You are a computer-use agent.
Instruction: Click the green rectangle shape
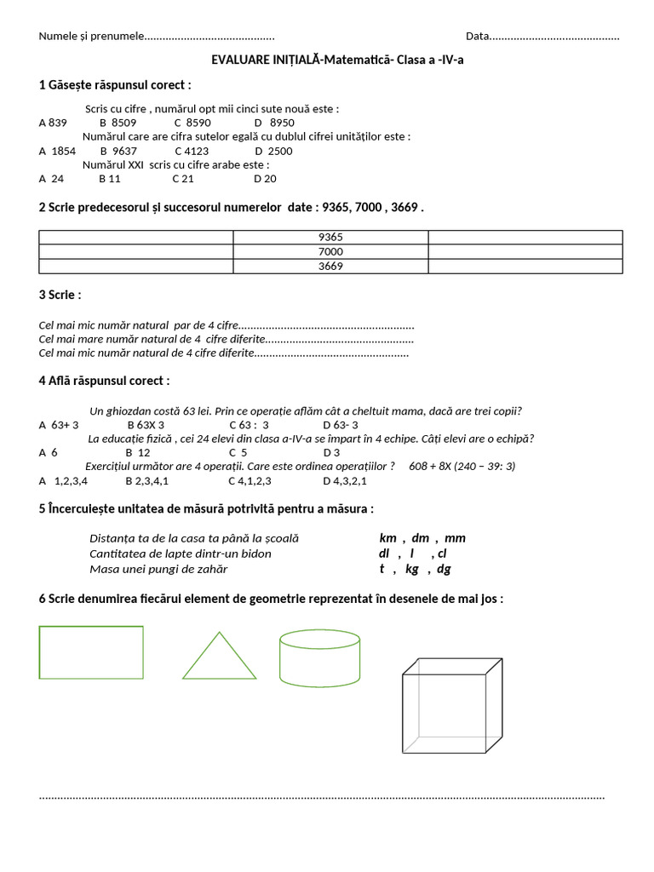click(x=91, y=652)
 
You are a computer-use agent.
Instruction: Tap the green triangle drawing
click(x=219, y=657)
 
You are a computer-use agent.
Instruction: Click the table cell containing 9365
click(x=330, y=238)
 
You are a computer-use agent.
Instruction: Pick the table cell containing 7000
click(x=330, y=252)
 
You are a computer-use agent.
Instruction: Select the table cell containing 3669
click(x=330, y=267)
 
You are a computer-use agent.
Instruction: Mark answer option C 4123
click(x=192, y=151)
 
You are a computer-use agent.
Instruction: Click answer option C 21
click(x=183, y=179)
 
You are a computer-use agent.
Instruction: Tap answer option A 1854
click(x=57, y=151)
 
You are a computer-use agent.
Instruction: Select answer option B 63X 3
click(x=146, y=425)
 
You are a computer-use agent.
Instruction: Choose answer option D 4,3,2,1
click(x=345, y=480)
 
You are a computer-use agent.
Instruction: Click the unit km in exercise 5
click(x=388, y=538)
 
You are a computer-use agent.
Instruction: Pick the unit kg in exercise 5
click(x=412, y=569)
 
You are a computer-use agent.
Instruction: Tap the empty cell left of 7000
click(x=136, y=252)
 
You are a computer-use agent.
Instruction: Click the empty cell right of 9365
click(x=525, y=238)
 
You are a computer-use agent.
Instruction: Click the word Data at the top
click(x=478, y=36)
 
